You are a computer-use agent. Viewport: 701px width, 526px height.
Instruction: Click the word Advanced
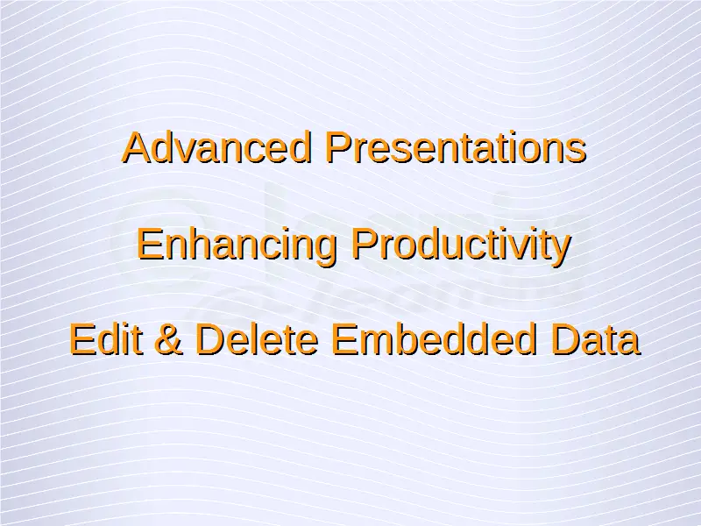point(216,147)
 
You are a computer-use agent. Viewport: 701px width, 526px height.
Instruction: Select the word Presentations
point(456,147)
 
